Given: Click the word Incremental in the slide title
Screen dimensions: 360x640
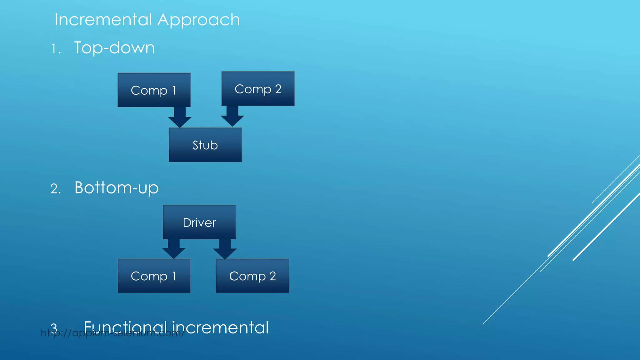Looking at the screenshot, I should [103, 20].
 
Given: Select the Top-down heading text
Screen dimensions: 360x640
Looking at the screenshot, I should [114, 48].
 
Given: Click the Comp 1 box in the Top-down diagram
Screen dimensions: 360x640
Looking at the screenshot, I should [154, 90].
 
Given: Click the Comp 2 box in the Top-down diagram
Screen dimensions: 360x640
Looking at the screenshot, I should [258, 89].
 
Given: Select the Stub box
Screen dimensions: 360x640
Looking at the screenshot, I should [205, 145].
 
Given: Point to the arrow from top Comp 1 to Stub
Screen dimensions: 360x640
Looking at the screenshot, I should [180, 117].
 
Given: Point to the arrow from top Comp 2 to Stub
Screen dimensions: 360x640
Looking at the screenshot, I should [232, 116].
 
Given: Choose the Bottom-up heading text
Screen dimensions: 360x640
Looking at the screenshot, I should [116, 188].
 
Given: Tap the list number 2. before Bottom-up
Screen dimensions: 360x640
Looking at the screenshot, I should [55, 189].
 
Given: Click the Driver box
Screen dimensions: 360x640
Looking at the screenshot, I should [199, 222].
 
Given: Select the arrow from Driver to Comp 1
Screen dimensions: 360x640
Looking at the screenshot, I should [174, 249].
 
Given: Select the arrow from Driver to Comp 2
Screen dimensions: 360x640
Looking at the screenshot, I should [225, 249].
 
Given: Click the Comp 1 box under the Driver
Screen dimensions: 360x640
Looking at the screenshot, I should [154, 276].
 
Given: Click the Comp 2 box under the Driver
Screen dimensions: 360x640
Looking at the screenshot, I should [252, 276].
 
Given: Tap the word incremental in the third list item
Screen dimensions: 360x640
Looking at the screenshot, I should [220, 327].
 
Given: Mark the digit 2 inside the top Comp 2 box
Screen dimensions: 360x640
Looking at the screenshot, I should [278, 89].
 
